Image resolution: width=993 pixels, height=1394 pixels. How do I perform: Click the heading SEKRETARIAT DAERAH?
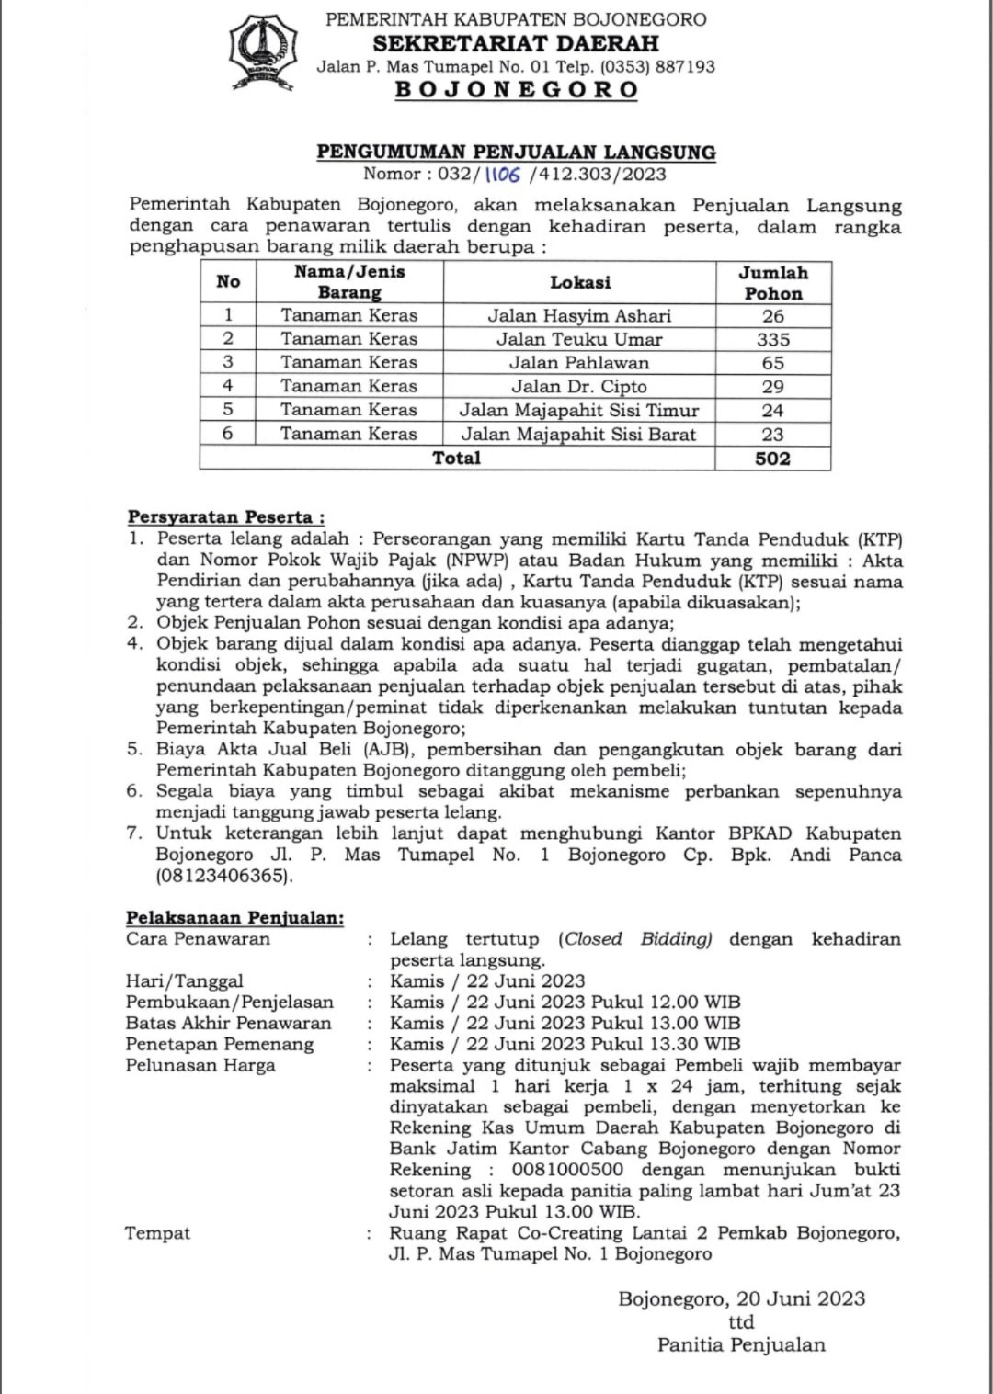tap(516, 43)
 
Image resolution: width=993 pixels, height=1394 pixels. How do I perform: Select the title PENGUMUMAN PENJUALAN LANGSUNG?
tap(516, 152)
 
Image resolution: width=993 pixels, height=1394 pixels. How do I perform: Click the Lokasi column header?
tap(579, 282)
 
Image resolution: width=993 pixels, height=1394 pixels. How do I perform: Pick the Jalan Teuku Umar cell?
tap(579, 339)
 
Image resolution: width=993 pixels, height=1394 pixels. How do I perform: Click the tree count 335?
tap(773, 339)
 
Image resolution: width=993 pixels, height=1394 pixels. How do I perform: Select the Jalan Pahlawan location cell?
tap(579, 363)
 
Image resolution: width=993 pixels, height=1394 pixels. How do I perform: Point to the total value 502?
tap(773, 458)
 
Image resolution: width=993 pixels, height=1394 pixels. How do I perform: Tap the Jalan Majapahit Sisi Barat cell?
tap(579, 434)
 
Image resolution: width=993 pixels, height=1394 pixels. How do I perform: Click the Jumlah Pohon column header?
tap(773, 283)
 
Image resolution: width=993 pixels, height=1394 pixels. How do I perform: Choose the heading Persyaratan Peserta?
tap(225, 517)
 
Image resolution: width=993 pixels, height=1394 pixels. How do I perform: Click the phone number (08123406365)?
tap(224, 876)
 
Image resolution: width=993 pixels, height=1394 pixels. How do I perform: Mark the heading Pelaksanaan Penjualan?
tap(234, 917)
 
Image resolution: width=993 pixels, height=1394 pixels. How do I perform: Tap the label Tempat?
tap(158, 1233)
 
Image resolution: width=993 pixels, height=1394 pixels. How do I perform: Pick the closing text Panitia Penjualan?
tap(741, 1344)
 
